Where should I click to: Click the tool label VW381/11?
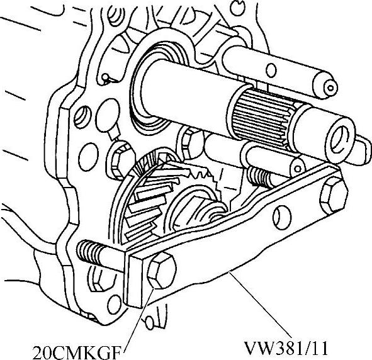tap(286, 349)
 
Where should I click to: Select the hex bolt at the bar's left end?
tap(162, 271)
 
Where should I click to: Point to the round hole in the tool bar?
tap(282, 218)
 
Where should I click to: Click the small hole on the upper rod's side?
tap(271, 70)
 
